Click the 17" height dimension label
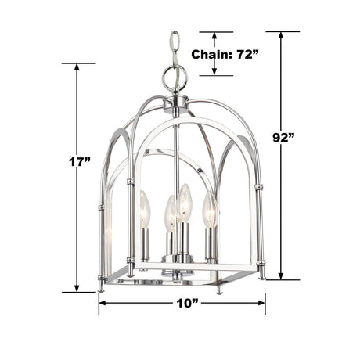[80, 162]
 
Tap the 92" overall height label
[283, 138]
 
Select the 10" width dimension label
[187, 303]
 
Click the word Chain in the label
[210, 55]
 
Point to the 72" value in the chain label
[247, 54]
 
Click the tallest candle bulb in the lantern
[185, 203]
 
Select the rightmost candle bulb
[210, 209]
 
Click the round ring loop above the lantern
[175, 77]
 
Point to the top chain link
[175, 38]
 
